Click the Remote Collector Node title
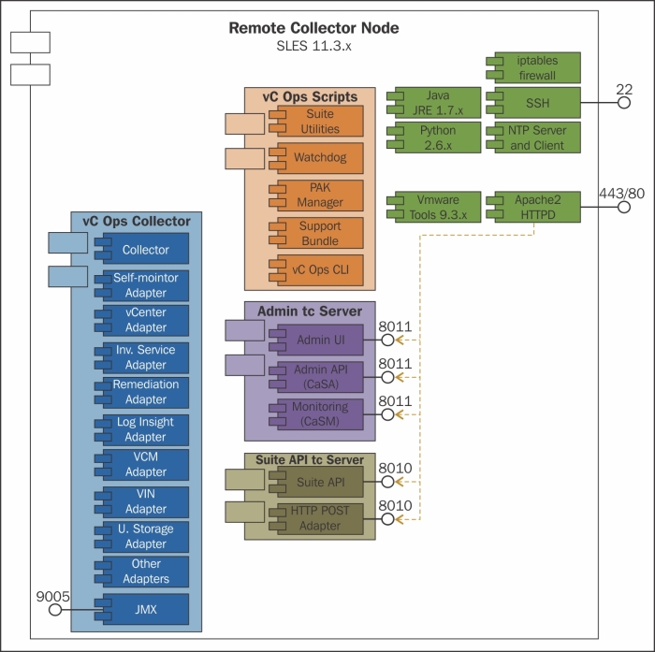(x=313, y=28)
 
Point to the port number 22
(x=624, y=89)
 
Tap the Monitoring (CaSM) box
(x=320, y=414)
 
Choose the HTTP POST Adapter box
(x=320, y=519)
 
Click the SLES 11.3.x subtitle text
(x=313, y=46)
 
